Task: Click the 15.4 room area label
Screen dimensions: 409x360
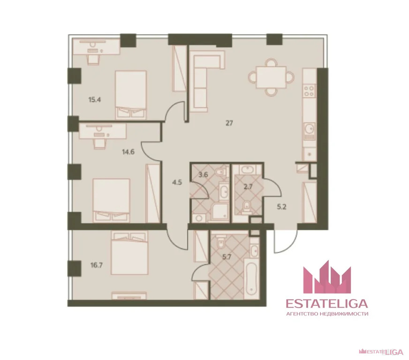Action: coord(95,99)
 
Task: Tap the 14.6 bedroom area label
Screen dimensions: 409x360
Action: coord(128,152)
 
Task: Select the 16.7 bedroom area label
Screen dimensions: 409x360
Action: coord(97,266)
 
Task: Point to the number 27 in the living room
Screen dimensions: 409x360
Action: coord(229,123)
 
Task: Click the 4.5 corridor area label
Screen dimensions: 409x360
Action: coord(177,182)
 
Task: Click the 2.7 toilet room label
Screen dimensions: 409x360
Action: coord(248,187)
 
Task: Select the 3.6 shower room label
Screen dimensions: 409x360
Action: coord(203,175)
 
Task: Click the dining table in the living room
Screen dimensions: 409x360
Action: coord(271,77)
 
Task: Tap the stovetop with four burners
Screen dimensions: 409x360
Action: coord(310,91)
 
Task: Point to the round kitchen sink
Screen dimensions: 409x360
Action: coord(310,128)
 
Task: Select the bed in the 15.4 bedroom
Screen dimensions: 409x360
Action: coord(131,95)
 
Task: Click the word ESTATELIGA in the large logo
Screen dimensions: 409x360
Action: coord(327,304)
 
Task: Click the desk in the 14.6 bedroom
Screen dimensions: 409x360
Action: coord(103,131)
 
